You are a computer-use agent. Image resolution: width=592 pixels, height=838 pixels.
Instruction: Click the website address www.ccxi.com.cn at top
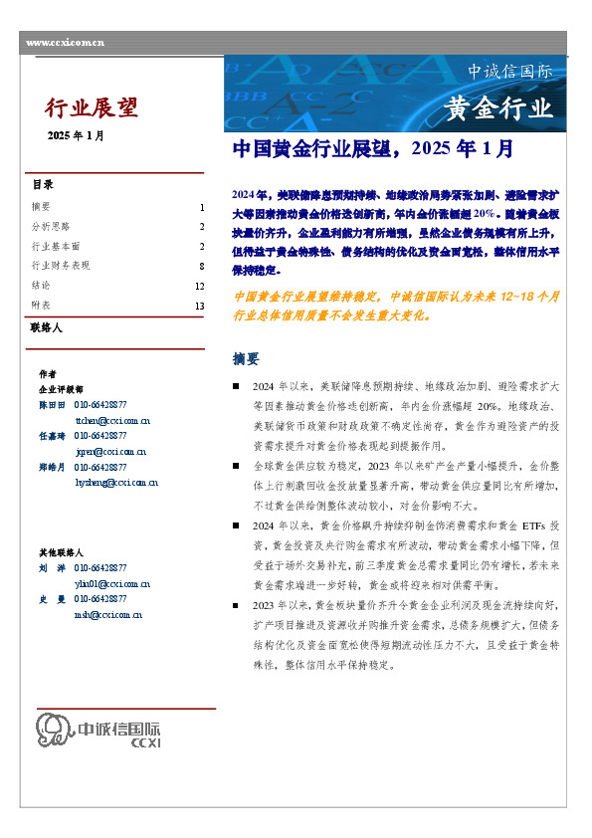coord(65,42)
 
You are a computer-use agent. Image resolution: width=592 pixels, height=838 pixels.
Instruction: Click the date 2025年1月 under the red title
coord(76,135)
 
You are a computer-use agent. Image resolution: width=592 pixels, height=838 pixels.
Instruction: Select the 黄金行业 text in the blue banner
coord(497,107)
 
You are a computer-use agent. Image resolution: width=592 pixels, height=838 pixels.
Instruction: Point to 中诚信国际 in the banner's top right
coord(509,72)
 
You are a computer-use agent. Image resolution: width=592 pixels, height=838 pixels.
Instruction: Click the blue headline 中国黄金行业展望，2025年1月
coord(372,149)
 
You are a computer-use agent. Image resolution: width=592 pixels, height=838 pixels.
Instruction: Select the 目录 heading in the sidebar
coord(43,185)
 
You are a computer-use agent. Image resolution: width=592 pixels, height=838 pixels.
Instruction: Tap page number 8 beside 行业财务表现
coord(201,266)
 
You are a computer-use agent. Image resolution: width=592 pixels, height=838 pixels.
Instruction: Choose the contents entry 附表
coord(41,306)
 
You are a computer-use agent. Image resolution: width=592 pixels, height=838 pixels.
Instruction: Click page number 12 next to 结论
coord(199,286)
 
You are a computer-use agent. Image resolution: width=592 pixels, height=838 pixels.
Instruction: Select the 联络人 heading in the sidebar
coord(47,326)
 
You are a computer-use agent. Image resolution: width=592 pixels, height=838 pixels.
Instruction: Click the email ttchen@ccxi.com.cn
coord(112,420)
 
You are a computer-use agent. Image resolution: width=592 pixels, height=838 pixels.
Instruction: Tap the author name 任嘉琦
coord(51,436)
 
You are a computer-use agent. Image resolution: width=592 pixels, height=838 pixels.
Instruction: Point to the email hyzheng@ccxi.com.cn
coord(114,483)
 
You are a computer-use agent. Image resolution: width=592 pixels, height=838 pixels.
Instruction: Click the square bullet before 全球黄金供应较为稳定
coord(236,464)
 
